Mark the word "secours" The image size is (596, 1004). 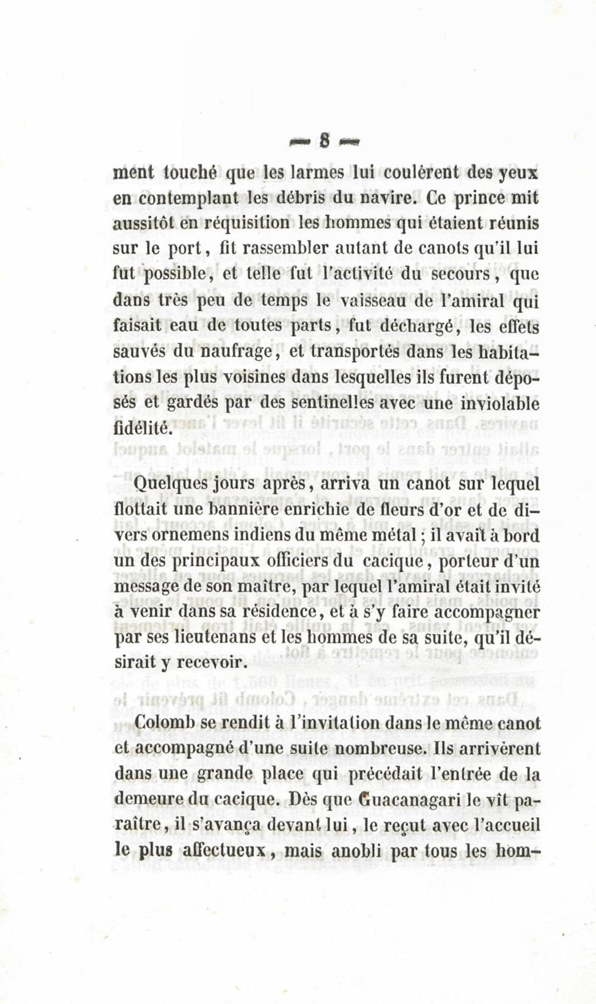pos(461,275)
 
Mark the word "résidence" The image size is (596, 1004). pos(282,611)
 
